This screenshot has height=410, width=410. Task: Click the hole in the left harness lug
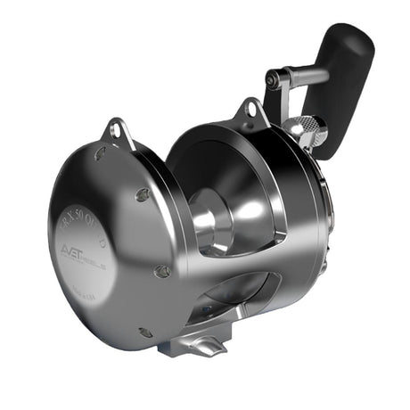click(x=115, y=132)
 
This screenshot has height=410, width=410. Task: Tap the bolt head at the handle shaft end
click(x=271, y=79)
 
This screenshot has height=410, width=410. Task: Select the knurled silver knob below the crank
click(x=309, y=131)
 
